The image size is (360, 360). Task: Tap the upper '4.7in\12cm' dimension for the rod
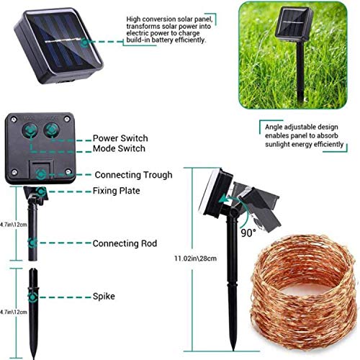click(12, 224)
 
